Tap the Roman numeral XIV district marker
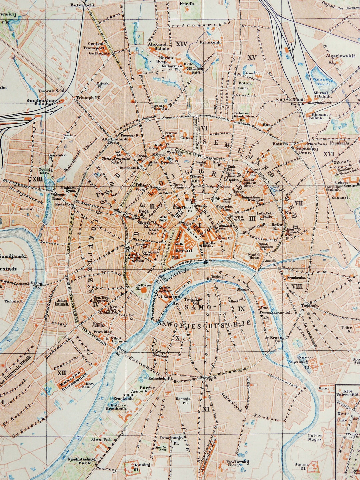pos(182,44)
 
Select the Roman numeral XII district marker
pos(61,373)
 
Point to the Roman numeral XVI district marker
pos(329,154)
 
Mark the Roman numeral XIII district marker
pos(38,179)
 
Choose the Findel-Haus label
pos(254,255)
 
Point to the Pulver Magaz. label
pos(315,437)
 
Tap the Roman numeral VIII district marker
pos(296,286)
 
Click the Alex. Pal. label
pos(100,440)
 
